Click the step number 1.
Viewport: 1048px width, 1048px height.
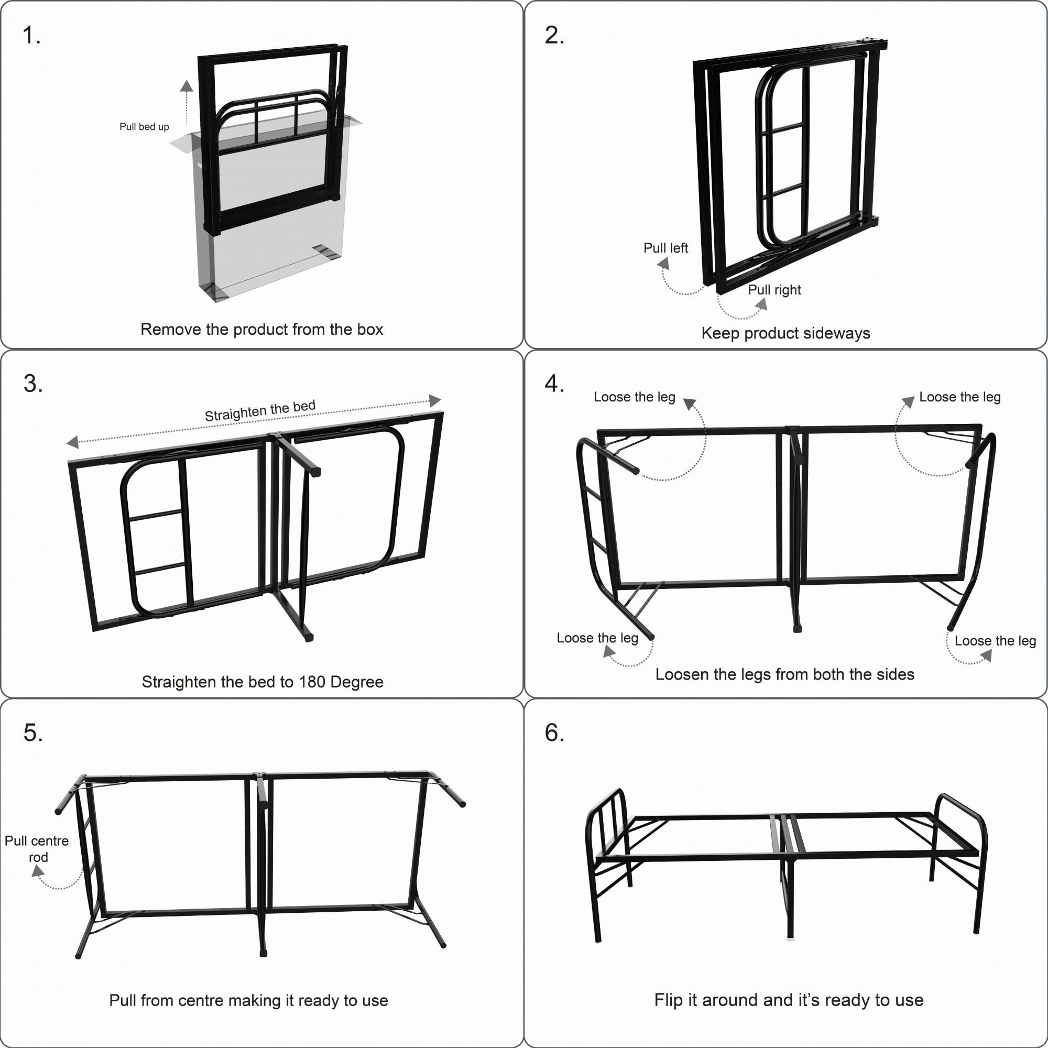coord(31,36)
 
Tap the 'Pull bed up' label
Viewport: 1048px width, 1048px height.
coord(144,127)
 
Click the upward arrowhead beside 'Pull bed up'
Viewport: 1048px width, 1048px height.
coord(187,86)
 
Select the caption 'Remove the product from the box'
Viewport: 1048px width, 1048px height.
coord(261,329)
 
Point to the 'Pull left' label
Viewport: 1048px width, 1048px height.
coord(665,248)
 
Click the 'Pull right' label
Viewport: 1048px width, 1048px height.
coord(774,290)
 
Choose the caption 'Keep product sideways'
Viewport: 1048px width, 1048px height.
coord(785,333)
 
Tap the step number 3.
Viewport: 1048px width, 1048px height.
coord(32,384)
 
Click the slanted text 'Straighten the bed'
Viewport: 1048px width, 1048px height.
coord(260,411)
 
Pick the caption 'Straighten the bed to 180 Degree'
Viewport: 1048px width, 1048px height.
coord(263,682)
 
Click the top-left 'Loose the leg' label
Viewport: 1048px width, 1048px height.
coord(634,397)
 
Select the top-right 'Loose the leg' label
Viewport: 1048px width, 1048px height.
coord(959,397)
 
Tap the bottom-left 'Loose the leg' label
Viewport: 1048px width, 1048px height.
coord(597,638)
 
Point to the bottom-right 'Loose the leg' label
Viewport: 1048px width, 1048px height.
coord(995,641)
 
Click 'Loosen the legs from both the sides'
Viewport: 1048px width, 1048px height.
coord(784,674)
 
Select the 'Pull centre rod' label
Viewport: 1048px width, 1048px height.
coord(37,849)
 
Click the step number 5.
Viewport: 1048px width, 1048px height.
coord(32,733)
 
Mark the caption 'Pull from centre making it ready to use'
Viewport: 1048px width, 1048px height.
coord(248,1000)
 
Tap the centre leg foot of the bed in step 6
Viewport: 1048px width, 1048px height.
coord(790,936)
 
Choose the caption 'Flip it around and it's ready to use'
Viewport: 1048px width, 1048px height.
coord(789,1000)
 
